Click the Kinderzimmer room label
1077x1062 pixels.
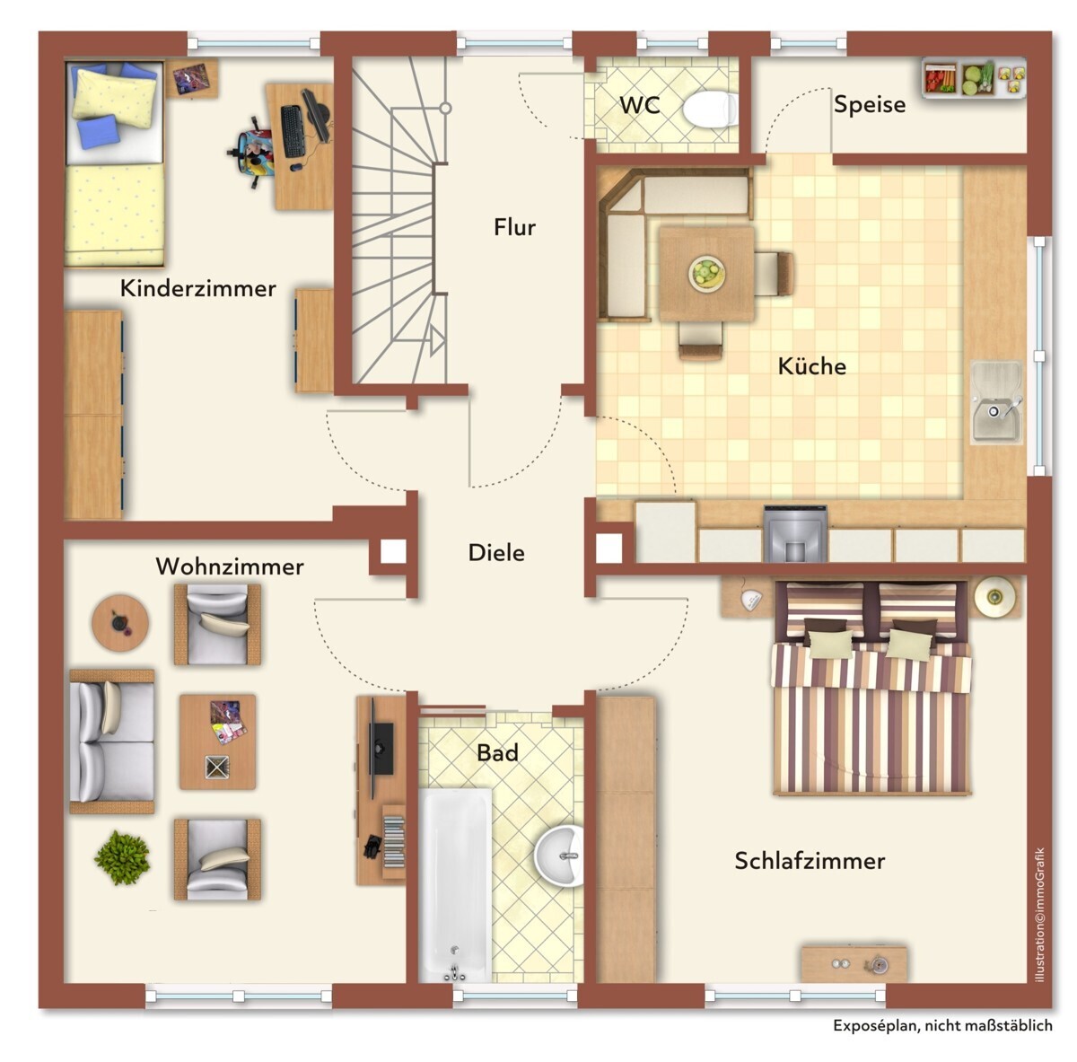pyautogui.click(x=197, y=288)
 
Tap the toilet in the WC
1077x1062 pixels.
pyautogui.click(x=710, y=110)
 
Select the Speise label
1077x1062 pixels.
pyautogui.click(x=869, y=104)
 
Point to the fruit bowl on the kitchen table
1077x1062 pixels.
pyautogui.click(x=706, y=273)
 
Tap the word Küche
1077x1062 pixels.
pyautogui.click(x=811, y=366)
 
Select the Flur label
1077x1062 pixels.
pyautogui.click(x=514, y=227)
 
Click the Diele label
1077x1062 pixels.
pyautogui.click(x=496, y=553)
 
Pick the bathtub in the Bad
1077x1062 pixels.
pyautogui.click(x=455, y=883)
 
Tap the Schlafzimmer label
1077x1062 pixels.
pyautogui.click(x=810, y=861)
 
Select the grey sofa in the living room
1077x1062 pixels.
pyautogui.click(x=111, y=741)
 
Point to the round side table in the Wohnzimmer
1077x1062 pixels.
pyautogui.click(x=120, y=621)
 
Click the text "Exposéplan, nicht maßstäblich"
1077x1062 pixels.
pyautogui.click(x=942, y=1025)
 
